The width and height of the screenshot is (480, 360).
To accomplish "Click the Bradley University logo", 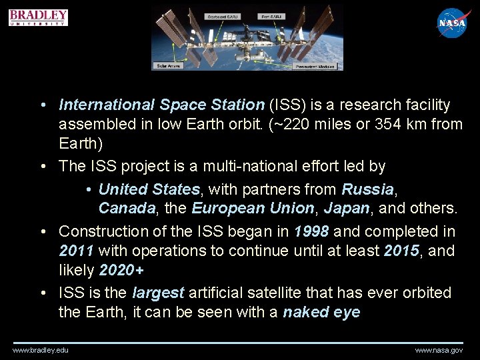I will pyautogui.click(x=39, y=17).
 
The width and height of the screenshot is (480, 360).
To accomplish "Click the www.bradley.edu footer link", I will pyautogui.click(x=41, y=350).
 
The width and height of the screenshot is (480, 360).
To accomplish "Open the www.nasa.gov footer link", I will pyautogui.click(x=439, y=350).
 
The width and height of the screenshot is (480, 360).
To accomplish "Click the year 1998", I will pyautogui.click(x=311, y=231).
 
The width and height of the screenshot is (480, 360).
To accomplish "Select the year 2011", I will pyautogui.click(x=76, y=251).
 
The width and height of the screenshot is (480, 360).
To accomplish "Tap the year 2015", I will pyautogui.click(x=402, y=251).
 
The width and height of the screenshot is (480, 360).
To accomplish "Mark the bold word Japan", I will pyautogui.click(x=347, y=209).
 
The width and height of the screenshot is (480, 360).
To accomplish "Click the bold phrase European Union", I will pyautogui.click(x=253, y=209).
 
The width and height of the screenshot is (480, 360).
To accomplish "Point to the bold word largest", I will pyautogui.click(x=158, y=293).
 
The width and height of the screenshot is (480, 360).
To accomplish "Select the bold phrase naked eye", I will pyautogui.click(x=321, y=313).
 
